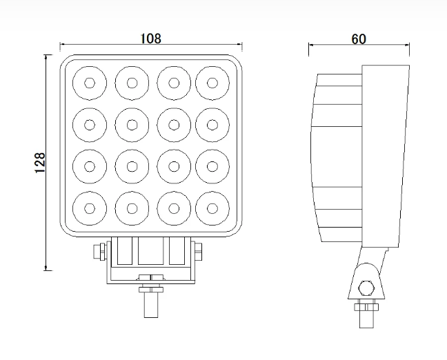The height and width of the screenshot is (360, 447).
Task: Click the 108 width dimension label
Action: tap(151, 39)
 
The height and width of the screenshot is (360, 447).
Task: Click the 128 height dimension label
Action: tap(40, 163)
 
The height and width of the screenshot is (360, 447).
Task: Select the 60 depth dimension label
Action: tap(358, 39)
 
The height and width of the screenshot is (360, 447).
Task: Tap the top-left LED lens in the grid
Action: tap(90, 83)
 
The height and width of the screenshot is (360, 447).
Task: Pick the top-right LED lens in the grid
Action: tap(212, 83)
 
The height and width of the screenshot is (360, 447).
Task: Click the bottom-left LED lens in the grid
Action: tap(90, 208)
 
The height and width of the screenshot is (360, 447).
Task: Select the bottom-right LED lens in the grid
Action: tap(212, 208)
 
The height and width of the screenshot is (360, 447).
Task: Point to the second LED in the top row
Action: tap(132, 83)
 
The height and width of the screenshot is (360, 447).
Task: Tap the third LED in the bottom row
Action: tap(174, 208)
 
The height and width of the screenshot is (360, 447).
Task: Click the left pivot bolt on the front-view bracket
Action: tap(100, 252)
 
